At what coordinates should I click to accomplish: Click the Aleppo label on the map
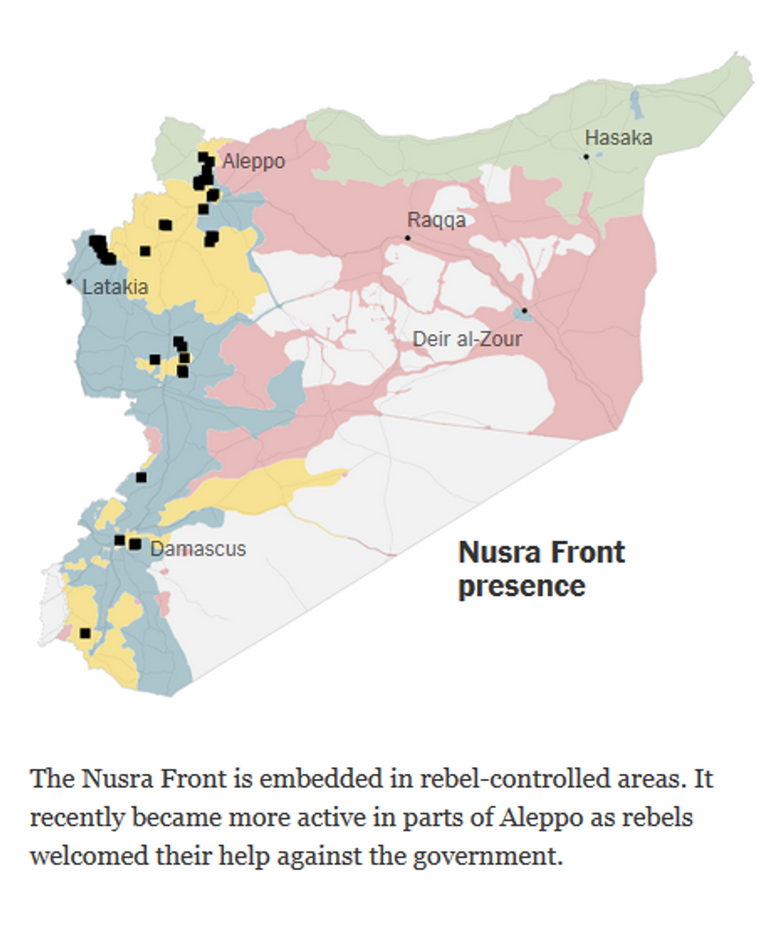tap(253, 162)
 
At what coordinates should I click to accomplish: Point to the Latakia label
tap(114, 287)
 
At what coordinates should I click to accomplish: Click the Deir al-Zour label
tap(467, 339)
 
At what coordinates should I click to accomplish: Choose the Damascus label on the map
tap(198, 548)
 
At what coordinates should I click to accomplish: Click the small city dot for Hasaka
tap(587, 157)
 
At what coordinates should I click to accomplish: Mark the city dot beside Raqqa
tap(408, 238)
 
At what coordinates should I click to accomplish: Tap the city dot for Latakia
tap(69, 281)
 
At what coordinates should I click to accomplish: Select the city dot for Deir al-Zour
tap(524, 311)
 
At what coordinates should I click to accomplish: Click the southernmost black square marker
tap(85, 633)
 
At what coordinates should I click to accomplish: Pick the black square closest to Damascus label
tap(135, 544)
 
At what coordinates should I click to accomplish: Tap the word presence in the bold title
tap(521, 586)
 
